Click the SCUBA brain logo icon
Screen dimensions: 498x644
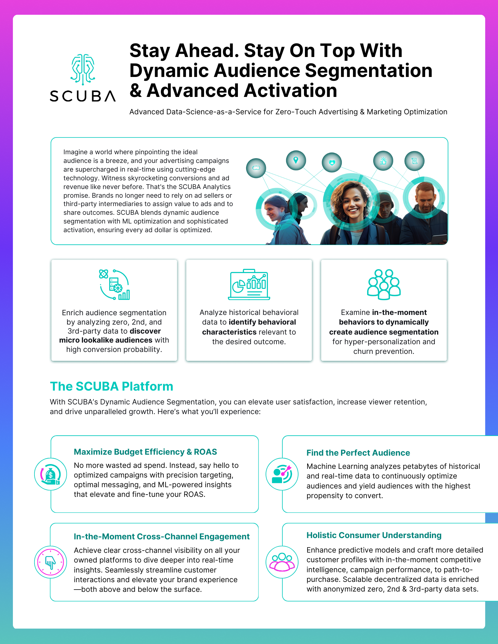[x=83, y=69]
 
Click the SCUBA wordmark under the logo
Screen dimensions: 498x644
[x=83, y=96]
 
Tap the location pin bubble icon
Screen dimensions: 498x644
[x=296, y=160]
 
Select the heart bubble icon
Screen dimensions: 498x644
[x=332, y=162]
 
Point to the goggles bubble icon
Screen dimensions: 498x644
[x=256, y=168]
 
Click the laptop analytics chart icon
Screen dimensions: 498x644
[x=249, y=285]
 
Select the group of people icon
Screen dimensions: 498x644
[x=384, y=284]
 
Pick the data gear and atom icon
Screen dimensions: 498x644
[x=114, y=285]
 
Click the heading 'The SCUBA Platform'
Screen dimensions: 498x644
[x=112, y=386]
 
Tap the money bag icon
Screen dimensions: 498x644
[x=51, y=474]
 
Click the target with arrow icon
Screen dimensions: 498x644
[x=282, y=474]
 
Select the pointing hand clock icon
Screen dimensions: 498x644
[x=51, y=562]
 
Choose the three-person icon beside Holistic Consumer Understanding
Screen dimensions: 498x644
[x=282, y=562]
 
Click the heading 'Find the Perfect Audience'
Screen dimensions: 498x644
[x=358, y=453]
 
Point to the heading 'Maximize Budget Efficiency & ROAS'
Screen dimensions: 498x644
[x=145, y=452]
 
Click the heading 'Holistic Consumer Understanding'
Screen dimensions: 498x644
[x=374, y=535]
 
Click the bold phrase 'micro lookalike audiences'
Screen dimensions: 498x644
[x=106, y=340]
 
